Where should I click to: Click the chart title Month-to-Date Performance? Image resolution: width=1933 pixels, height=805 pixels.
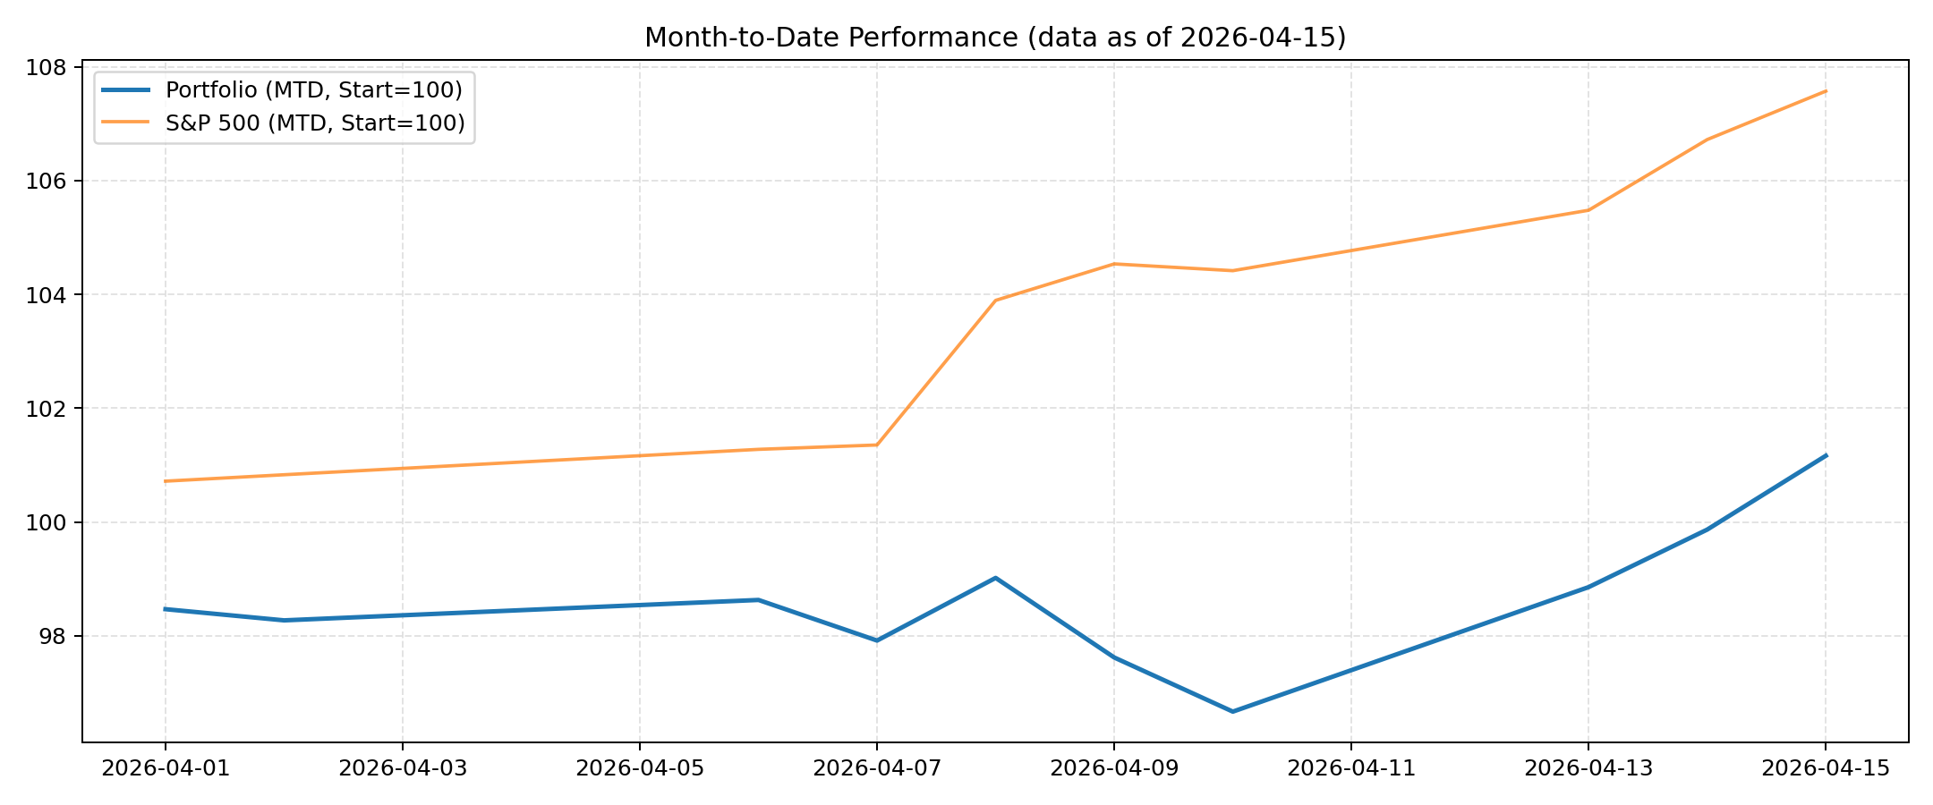coord(994,38)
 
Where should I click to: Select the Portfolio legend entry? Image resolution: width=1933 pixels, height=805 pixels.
coord(313,90)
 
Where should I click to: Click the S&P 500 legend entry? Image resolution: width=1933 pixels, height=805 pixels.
coord(315,123)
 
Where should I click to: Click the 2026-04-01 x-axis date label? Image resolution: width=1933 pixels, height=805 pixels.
coord(166,768)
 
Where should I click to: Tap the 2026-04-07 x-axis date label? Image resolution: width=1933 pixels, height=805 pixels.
coord(877,768)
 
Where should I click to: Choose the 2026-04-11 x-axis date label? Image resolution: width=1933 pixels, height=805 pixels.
coord(1351,768)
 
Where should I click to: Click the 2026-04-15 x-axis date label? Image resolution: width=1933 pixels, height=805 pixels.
coord(1826,768)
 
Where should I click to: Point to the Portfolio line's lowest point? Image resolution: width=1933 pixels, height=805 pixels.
coord(1232,711)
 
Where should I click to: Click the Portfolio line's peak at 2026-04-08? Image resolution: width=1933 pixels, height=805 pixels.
coord(995,578)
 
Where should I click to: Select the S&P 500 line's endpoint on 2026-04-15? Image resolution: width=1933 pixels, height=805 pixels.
coord(1826,91)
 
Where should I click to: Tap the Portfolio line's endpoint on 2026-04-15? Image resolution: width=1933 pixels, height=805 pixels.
coord(1826,455)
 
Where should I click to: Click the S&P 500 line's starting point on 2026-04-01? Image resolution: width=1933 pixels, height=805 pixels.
coord(166,481)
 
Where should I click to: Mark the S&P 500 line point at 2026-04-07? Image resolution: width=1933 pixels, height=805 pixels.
coord(877,445)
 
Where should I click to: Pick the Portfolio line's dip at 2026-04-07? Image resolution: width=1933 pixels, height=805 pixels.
coord(877,640)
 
